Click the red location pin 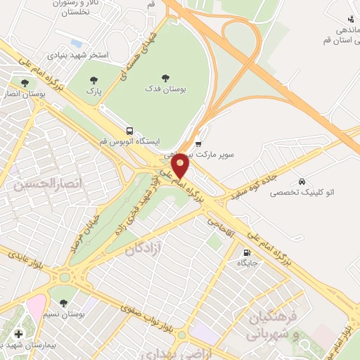pyautogui.click(x=181, y=166)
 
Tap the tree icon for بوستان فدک pyautogui.click(x=166, y=77)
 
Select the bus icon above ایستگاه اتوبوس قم pyautogui.click(x=129, y=131)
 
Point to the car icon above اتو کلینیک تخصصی pyautogui.click(x=302, y=179)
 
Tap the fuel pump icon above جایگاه pyautogui.click(x=246, y=253)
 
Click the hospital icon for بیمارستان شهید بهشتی pyautogui.click(x=18, y=333)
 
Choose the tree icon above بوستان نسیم pyautogui.click(x=64, y=303)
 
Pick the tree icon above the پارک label pyautogui.click(x=90, y=79)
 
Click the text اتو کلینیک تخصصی pyautogui.click(x=302, y=191)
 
